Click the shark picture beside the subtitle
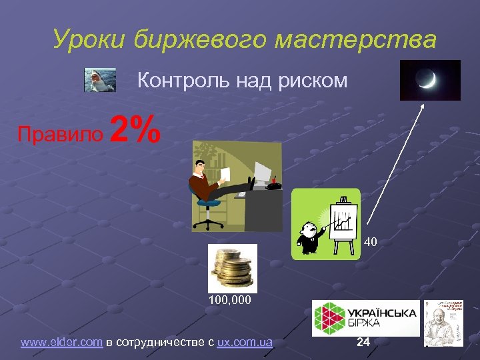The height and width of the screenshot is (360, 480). tap(100, 79)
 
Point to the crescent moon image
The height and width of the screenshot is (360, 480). tap(430, 80)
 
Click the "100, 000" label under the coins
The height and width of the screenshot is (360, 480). tap(230, 301)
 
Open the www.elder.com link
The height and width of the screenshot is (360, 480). tap(62, 343)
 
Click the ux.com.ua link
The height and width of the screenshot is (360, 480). tap(245, 343)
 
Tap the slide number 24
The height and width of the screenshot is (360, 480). tap(363, 342)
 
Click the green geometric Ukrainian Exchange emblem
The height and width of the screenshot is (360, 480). tap(329, 318)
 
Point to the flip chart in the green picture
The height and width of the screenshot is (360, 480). tap(343, 223)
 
